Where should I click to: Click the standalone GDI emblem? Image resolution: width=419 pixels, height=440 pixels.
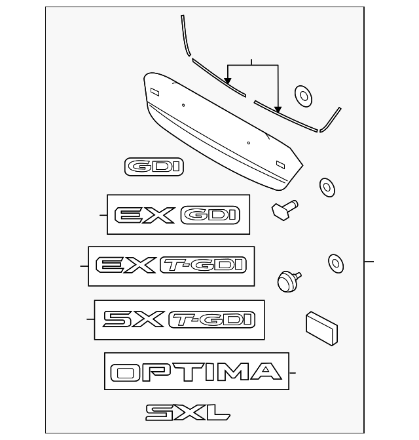click(155, 167)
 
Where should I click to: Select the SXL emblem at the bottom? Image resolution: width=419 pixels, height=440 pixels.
click(187, 412)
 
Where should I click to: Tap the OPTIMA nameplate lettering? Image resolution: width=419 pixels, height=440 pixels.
click(196, 372)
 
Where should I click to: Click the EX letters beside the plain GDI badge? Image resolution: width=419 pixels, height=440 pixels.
click(144, 215)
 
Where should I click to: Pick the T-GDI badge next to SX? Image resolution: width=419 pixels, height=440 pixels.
click(211, 319)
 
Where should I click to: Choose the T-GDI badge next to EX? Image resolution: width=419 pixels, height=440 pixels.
click(202, 265)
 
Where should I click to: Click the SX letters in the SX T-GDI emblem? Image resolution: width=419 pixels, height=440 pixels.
click(134, 319)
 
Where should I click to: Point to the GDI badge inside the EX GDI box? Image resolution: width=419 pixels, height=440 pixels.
click(209, 215)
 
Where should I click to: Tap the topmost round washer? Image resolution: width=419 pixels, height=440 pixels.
click(303, 95)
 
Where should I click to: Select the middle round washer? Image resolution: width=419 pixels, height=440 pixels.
click(326, 187)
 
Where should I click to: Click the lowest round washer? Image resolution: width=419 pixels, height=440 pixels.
click(335, 263)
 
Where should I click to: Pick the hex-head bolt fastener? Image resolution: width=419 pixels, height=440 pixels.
click(283, 210)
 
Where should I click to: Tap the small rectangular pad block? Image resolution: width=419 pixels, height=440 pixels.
click(321, 327)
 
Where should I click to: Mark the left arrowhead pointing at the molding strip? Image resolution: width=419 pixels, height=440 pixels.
click(228, 81)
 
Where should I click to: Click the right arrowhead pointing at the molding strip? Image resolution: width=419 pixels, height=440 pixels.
click(279, 110)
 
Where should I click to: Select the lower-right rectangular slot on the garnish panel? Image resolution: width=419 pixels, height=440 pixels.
click(280, 164)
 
